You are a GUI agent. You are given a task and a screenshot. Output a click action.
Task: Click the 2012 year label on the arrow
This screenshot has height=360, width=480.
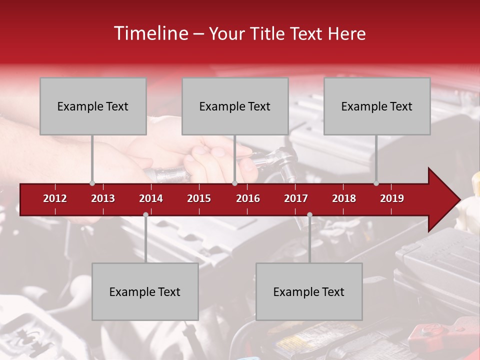(55, 198)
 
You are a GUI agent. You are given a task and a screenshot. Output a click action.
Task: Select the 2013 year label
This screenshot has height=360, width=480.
(103, 198)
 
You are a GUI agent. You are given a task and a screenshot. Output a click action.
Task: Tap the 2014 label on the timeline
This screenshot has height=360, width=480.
(151, 198)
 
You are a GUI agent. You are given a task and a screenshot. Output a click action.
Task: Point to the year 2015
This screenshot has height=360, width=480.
(199, 198)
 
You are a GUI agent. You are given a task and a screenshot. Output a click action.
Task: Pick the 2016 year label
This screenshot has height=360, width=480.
(248, 198)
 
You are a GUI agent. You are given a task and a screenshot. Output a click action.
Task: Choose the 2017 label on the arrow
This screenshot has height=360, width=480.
(296, 198)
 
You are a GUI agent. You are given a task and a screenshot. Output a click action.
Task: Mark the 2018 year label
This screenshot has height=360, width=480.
(344, 198)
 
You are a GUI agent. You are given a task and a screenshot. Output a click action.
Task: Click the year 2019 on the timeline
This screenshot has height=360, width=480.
(392, 198)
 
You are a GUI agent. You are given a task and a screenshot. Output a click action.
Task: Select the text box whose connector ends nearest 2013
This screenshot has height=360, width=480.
(93, 106)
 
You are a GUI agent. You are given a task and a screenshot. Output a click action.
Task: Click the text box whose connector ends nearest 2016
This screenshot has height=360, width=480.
(235, 106)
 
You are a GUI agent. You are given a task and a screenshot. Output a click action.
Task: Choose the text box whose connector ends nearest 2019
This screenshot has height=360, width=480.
(377, 106)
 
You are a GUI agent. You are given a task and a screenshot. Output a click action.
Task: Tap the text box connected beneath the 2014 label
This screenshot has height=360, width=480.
(145, 292)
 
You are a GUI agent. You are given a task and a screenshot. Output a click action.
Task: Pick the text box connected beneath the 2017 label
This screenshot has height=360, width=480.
(309, 292)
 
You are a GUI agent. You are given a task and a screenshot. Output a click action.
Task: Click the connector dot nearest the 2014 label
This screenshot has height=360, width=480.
(145, 214)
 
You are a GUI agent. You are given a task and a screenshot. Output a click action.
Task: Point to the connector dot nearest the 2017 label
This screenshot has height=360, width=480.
(309, 214)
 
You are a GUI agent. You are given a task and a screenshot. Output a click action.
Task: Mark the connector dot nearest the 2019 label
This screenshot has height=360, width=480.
(376, 183)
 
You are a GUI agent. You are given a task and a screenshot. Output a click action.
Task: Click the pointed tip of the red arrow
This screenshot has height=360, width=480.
(459, 200)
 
